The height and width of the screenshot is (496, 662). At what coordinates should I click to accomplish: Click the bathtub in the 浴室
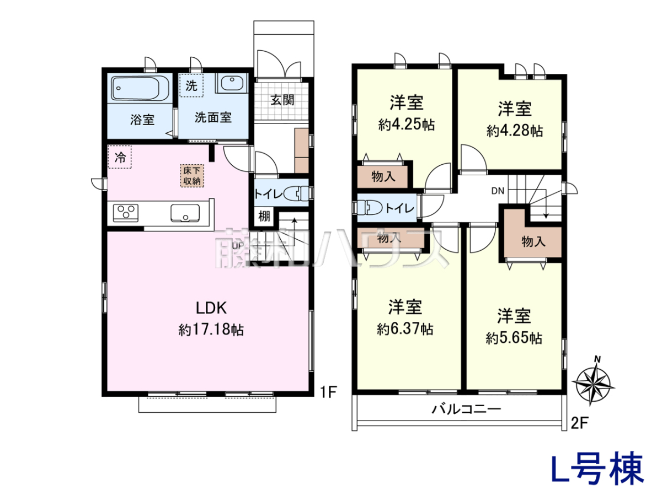point(140,88)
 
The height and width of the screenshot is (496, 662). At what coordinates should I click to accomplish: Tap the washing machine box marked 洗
point(191,85)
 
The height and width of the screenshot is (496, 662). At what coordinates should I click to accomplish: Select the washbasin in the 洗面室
point(232,82)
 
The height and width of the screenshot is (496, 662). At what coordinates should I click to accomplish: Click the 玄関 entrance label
point(282,100)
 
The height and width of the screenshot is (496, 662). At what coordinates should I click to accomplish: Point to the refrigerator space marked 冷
point(120,157)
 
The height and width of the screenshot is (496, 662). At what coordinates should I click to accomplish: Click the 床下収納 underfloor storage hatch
point(192,176)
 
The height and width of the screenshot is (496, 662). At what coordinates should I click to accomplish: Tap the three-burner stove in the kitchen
point(126,213)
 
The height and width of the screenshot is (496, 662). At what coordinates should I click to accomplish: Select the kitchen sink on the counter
point(185,213)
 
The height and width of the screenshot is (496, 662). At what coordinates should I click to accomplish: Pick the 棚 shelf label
point(264,216)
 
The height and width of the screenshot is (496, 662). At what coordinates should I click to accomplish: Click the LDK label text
point(211,308)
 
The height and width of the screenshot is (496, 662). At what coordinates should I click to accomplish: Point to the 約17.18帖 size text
point(211,330)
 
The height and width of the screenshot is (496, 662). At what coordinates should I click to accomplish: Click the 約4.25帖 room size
point(406,125)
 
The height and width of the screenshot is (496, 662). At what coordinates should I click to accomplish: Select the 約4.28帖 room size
point(515,131)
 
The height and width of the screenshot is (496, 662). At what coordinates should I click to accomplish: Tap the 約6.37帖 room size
point(405,329)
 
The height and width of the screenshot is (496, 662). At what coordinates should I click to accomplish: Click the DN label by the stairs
point(498,191)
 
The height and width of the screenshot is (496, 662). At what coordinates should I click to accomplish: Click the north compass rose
point(593,383)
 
